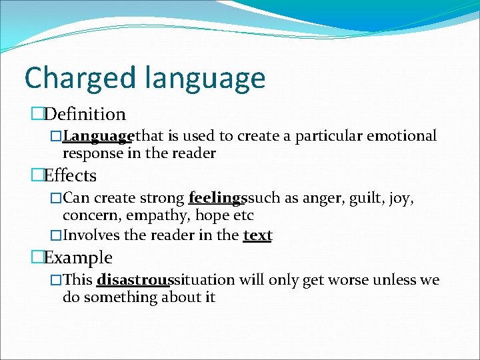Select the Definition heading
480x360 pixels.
pyautogui.click(x=85, y=115)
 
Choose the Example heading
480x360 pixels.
pyautogui.click(x=78, y=257)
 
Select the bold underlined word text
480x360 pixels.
pyautogui.click(x=257, y=235)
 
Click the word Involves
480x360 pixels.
pyautogui.click(x=90, y=235)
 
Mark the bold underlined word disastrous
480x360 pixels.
pyautogui.click(x=133, y=279)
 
